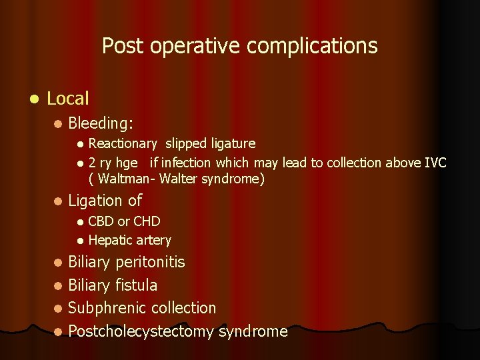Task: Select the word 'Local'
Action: (68, 99)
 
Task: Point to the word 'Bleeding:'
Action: (101, 123)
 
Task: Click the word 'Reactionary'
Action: (123, 143)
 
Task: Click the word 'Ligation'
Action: (95, 200)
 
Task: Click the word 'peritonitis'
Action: (150, 262)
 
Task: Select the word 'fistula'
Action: (136, 285)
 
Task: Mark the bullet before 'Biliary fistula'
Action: (59, 285)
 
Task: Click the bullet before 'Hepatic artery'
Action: (80, 241)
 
